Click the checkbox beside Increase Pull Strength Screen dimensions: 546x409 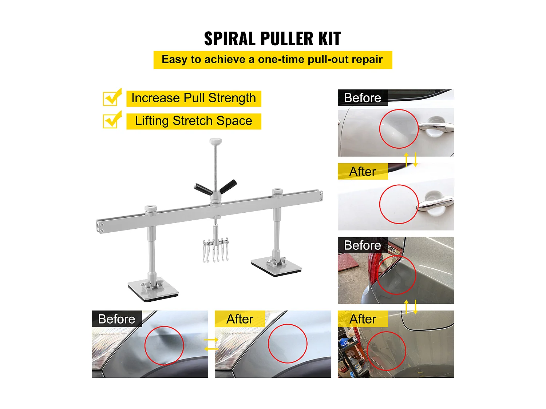tap(112, 97)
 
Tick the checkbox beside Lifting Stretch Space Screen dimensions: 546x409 tap(112, 120)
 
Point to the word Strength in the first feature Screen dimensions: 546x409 tap(232, 98)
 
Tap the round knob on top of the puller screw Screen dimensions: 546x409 tap(215, 141)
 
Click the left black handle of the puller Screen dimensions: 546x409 tap(203, 189)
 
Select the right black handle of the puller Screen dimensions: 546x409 tap(228, 186)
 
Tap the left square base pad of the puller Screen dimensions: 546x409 tap(153, 289)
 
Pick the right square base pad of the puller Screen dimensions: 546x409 tap(276, 267)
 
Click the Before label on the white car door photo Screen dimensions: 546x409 tap(363, 98)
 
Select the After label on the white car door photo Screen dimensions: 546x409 tap(363, 172)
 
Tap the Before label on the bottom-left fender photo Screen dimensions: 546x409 tap(116, 319)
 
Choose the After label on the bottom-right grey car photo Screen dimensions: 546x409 tap(363, 319)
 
